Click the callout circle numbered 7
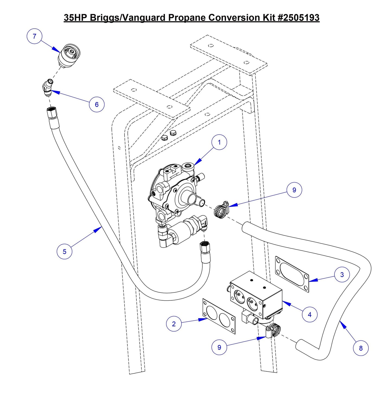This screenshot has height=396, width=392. click(x=34, y=36)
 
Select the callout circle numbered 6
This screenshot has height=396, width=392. click(x=97, y=104)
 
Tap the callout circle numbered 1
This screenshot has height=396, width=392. click(x=219, y=142)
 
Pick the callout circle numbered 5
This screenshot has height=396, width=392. click(x=64, y=252)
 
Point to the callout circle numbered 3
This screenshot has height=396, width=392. click(x=342, y=275)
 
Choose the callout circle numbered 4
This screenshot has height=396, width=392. click(x=310, y=314)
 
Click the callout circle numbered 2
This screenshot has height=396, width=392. click(x=174, y=324)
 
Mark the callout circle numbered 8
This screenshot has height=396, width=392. click(x=361, y=348)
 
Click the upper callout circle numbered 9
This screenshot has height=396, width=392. click(x=294, y=190)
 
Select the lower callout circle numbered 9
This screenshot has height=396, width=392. click(x=219, y=348)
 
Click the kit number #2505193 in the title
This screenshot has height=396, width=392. click(x=299, y=18)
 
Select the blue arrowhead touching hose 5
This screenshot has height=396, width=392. click(x=97, y=230)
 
